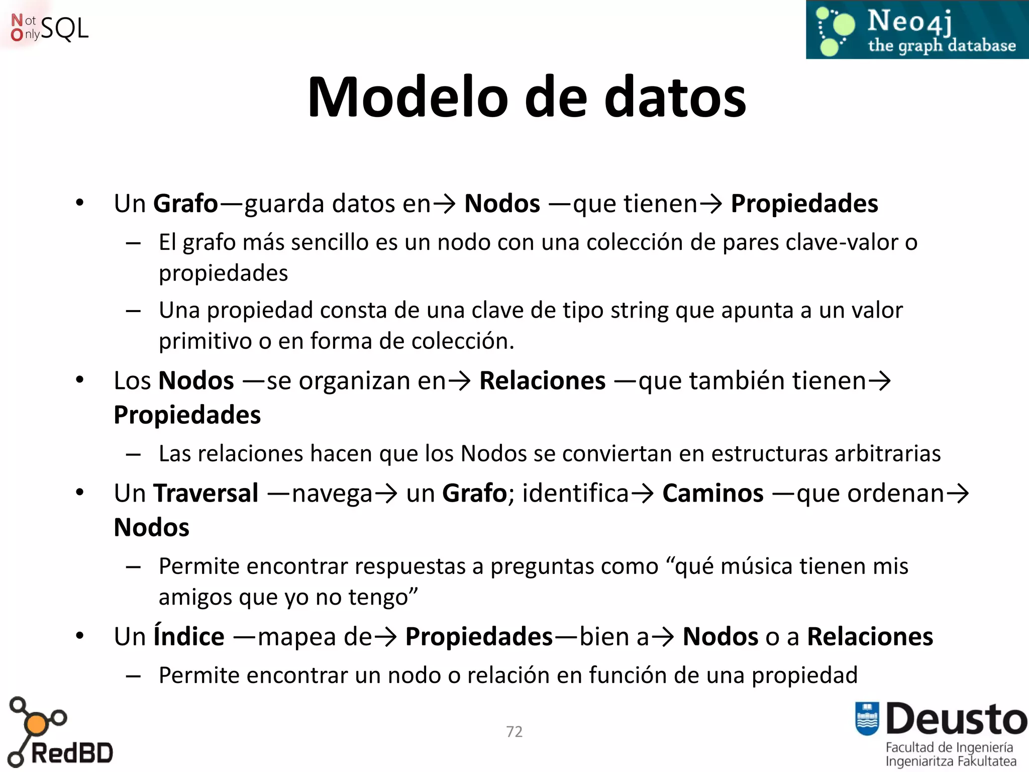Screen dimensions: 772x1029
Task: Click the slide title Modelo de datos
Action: pyautogui.click(x=527, y=97)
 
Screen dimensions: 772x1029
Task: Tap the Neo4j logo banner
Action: pyautogui.click(x=917, y=30)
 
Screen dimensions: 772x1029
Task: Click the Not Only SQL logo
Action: pyautogui.click(x=49, y=28)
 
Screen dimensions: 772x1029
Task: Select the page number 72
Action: pyautogui.click(x=514, y=731)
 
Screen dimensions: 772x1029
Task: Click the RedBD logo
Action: pyautogui.click(x=60, y=734)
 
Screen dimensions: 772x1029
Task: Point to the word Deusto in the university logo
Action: pyautogui.click(x=956, y=719)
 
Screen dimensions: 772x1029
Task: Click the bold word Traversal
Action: pyautogui.click(x=206, y=493)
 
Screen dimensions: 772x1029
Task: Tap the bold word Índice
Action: pyautogui.click(x=189, y=636)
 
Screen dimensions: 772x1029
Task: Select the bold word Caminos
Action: pyautogui.click(x=712, y=493)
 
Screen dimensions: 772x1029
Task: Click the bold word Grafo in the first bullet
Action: pyautogui.click(x=185, y=204)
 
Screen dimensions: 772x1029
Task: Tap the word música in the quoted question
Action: pyautogui.click(x=757, y=566)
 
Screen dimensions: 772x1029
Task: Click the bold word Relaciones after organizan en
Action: pyautogui.click(x=542, y=380)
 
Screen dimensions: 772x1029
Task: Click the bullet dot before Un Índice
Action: pyautogui.click(x=80, y=636)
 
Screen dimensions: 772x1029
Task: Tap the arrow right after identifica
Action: pyautogui.click(x=643, y=494)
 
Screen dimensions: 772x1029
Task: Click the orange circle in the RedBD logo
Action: pyautogui.click(x=36, y=724)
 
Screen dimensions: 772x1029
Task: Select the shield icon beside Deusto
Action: pyautogui.click(x=867, y=718)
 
